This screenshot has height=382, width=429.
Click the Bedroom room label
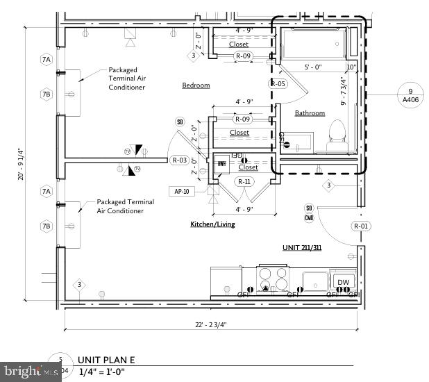(x=196, y=85)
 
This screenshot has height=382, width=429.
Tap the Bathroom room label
(x=310, y=113)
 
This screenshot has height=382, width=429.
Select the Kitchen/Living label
(x=213, y=224)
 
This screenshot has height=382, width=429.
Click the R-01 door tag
(x=361, y=226)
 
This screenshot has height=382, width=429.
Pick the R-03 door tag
(x=179, y=160)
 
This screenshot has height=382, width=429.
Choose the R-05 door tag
(x=278, y=83)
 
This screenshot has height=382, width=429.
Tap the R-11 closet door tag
(x=244, y=181)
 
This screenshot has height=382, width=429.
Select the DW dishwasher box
(x=343, y=281)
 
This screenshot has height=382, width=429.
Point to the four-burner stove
(x=273, y=279)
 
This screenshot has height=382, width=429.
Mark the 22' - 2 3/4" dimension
(x=211, y=324)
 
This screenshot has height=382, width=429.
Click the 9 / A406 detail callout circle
(x=410, y=94)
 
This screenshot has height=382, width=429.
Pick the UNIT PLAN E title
(x=105, y=360)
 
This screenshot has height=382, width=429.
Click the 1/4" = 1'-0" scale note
(x=108, y=373)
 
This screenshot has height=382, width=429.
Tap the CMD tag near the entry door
(x=309, y=217)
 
